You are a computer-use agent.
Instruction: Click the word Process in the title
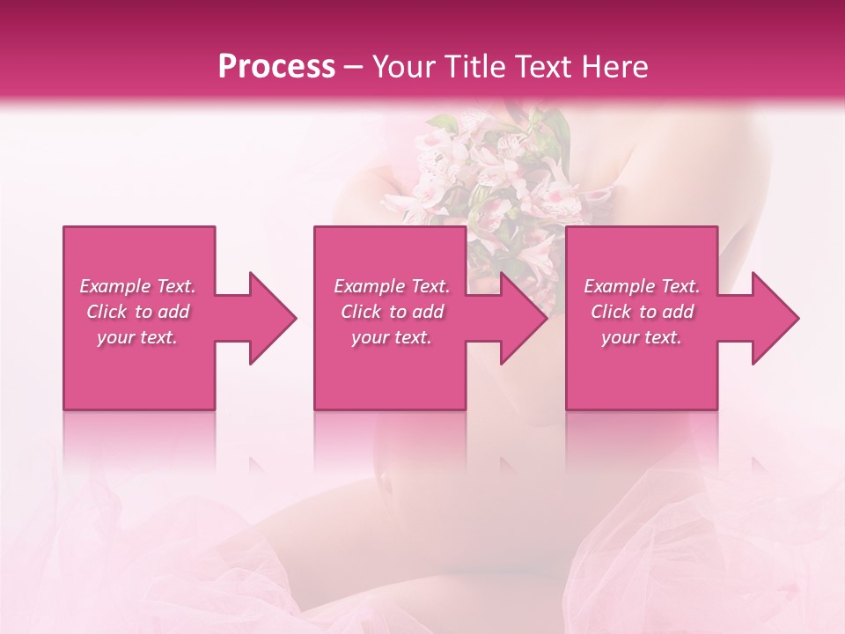pyautogui.click(x=276, y=67)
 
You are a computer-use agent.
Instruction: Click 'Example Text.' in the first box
pyautogui.click(x=137, y=286)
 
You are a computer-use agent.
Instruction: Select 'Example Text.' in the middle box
pyautogui.click(x=392, y=286)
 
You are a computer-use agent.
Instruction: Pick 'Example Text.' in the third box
pyautogui.click(x=642, y=286)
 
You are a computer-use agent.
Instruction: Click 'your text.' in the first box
pyautogui.click(x=137, y=337)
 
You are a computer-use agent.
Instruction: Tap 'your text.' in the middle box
pyautogui.click(x=392, y=337)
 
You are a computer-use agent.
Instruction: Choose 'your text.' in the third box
pyautogui.click(x=642, y=337)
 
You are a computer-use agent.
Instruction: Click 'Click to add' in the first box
pyautogui.click(x=137, y=312)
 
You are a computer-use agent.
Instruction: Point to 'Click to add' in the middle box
pyautogui.click(x=392, y=312)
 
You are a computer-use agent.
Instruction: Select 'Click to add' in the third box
pyautogui.click(x=642, y=312)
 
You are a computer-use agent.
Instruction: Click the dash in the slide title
pyautogui.click(x=354, y=67)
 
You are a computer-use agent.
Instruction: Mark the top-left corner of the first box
pyautogui.click(x=64, y=228)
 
